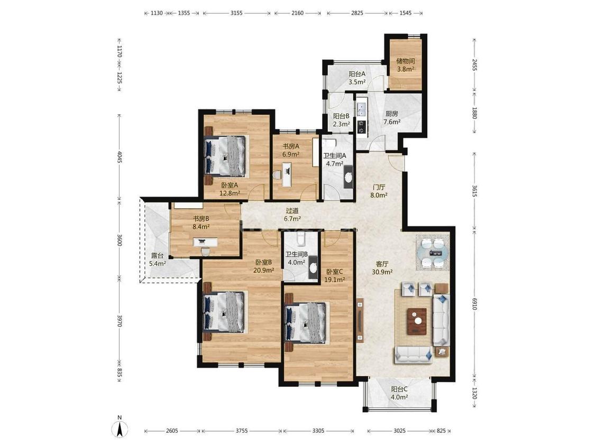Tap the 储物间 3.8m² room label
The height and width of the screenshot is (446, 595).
tap(405, 65)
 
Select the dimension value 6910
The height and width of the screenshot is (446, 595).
tap(474, 303)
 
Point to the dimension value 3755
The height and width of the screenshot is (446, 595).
tap(242, 431)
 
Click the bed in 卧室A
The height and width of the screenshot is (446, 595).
tap(225, 156)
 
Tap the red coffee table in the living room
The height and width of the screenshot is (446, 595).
tap(417, 321)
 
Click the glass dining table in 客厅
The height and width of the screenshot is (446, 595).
tap(433, 253)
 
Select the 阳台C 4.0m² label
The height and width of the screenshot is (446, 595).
tap(399, 393)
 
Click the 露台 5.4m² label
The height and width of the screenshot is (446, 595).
tap(157, 260)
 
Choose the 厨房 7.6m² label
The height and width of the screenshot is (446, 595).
tap(392, 117)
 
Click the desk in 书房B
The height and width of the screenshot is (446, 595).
tap(205, 242)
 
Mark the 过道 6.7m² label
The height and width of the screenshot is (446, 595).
tap(292, 215)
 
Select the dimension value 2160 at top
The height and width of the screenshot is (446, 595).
tap(297, 13)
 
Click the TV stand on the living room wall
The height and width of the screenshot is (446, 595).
tap(360, 320)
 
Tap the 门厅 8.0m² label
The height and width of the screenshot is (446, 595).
tap(379, 191)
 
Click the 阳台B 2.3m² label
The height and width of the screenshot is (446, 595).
tap(341, 120)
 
